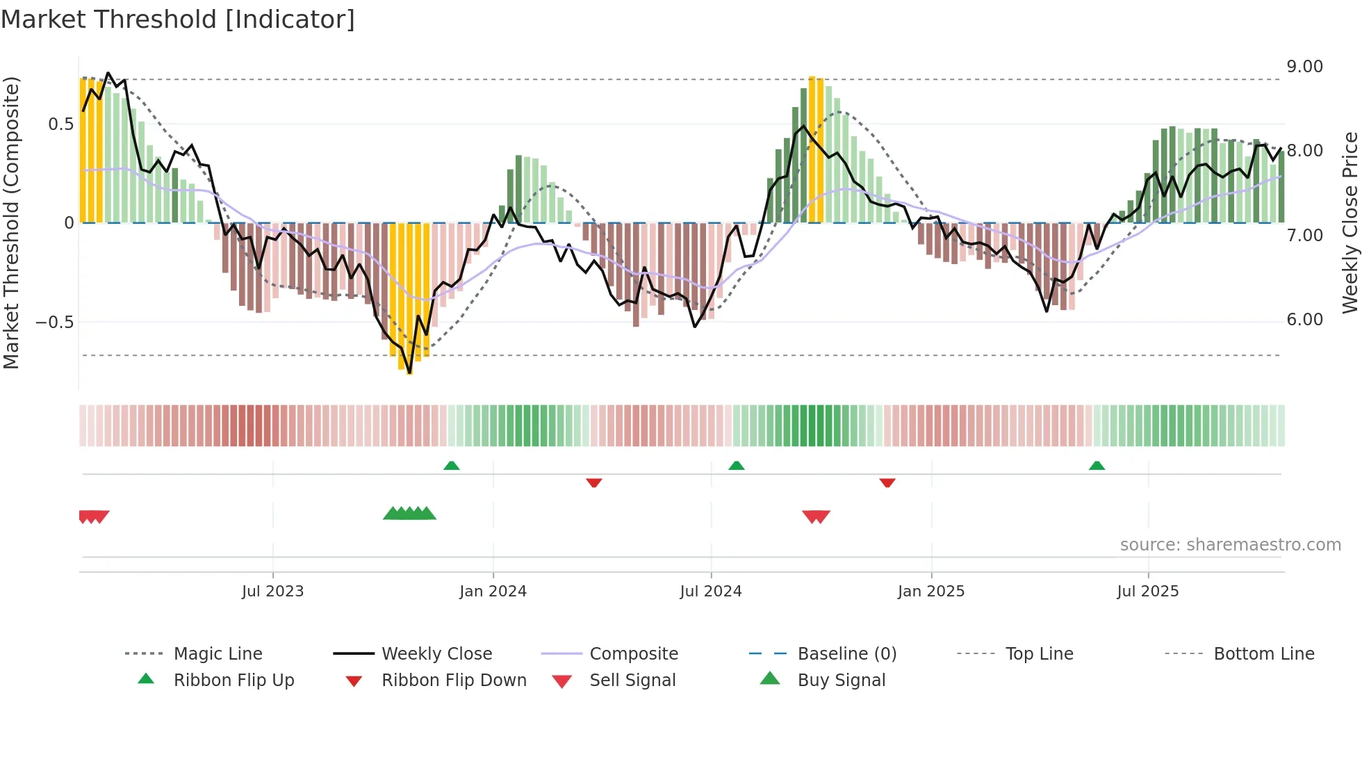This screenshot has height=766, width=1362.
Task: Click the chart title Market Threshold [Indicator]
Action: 178,19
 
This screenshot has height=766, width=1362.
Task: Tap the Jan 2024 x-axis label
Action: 493,591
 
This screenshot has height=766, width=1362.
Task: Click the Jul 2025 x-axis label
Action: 1147,591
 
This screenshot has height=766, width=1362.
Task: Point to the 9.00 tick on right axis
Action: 1304,67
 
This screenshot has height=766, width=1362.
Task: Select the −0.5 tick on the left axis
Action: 54,322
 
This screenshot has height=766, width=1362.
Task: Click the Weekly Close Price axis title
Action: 1349,222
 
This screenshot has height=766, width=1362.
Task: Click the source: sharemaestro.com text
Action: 1230,545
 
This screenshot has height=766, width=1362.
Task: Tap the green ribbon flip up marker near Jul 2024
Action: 737,466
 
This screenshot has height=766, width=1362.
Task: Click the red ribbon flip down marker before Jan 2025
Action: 887,482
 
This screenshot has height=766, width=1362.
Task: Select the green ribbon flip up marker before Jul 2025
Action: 1097,466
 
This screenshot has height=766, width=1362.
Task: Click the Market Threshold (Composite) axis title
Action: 11,222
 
